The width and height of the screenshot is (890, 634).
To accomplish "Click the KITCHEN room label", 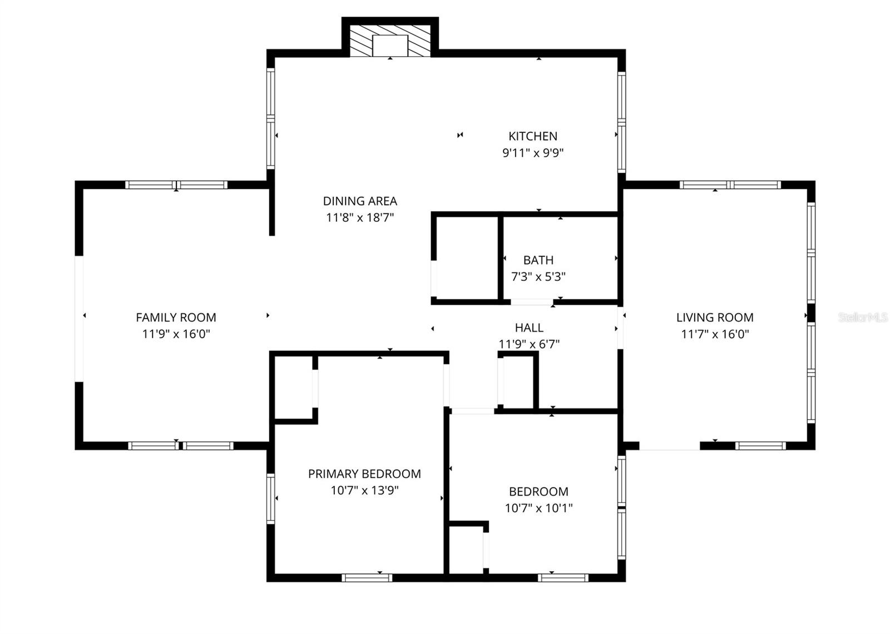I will (x=532, y=136).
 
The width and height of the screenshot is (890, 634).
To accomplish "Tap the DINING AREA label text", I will (x=360, y=201).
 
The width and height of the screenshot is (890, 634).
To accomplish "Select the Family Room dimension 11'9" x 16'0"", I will (x=176, y=334).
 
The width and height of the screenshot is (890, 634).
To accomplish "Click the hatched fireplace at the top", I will (x=390, y=41).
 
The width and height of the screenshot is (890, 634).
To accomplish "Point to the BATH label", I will (x=538, y=260).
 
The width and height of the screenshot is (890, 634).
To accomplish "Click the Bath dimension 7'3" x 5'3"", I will (x=538, y=276).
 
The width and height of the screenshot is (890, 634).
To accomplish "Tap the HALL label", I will (x=528, y=328).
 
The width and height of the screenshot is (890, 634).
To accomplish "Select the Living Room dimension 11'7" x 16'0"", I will (x=715, y=334).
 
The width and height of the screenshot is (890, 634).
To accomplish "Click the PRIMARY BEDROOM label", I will (x=364, y=474).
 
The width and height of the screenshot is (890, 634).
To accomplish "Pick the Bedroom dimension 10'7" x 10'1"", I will (x=538, y=508).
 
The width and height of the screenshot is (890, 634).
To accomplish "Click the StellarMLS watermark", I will (x=863, y=317).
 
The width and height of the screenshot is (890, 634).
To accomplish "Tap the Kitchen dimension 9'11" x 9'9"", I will (x=532, y=153).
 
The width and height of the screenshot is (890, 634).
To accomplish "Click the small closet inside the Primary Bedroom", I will (x=294, y=387).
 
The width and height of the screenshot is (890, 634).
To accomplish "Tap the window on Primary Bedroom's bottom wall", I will (x=367, y=578).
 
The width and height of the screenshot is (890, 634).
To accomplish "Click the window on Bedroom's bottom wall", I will (x=563, y=578).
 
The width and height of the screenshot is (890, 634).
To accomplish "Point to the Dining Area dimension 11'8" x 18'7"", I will (x=360, y=217).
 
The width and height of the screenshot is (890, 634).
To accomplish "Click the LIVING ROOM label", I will (x=715, y=317).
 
